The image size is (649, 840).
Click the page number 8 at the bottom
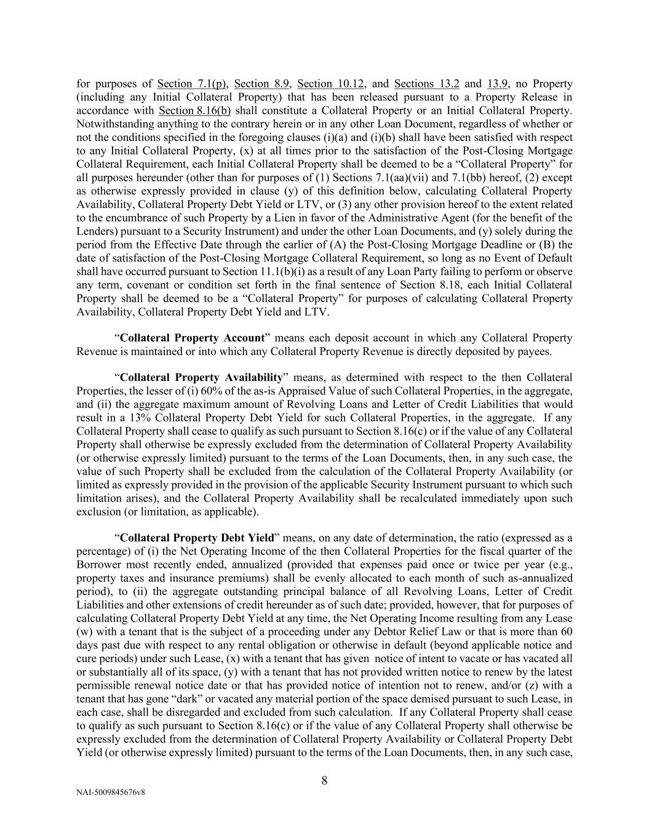point(324,781)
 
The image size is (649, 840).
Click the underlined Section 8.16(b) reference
point(195,111)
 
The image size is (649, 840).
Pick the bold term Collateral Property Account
point(192,338)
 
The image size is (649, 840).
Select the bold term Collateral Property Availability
point(201,377)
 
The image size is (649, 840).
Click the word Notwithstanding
point(115,124)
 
